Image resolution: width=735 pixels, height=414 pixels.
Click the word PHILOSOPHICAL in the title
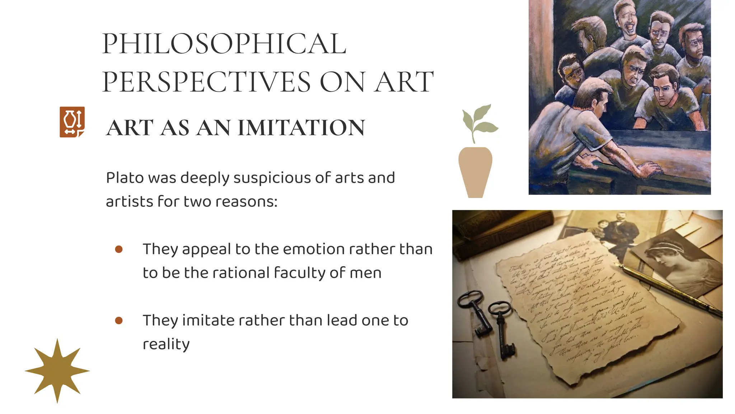tap(224, 44)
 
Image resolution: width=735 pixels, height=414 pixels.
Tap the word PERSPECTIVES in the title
tap(206, 82)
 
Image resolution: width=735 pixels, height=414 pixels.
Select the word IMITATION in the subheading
tap(301, 128)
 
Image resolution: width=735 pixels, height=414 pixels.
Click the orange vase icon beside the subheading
tap(72, 122)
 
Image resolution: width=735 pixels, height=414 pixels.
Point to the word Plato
tap(124, 178)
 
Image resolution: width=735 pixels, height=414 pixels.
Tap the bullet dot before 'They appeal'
tap(119, 249)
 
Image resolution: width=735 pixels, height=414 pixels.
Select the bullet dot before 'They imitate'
tap(119, 320)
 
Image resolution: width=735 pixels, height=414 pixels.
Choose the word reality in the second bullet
tap(166, 345)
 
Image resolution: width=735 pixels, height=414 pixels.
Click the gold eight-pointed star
tap(57, 371)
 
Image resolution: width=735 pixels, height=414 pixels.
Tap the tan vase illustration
tap(475, 172)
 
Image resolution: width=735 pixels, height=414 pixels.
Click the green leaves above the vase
tap(479, 120)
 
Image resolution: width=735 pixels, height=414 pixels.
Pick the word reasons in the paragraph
tap(246, 202)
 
